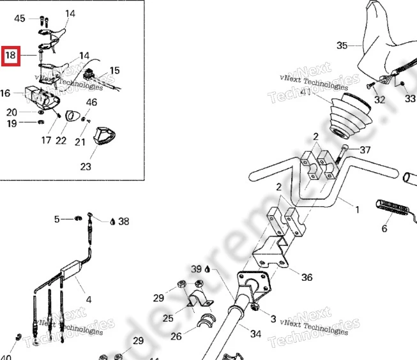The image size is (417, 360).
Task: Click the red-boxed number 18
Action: click(11, 56)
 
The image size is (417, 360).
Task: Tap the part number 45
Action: click(20, 19)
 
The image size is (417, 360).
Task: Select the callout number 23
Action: click(86, 167)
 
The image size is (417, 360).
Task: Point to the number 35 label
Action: click(342, 45)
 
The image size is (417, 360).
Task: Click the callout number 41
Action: click(306, 92)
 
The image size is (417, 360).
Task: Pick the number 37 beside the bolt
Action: click(365, 150)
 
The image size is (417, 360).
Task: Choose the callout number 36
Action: click(307, 277)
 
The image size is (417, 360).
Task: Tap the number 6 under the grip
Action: click(384, 229)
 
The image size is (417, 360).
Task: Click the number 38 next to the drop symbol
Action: click(124, 221)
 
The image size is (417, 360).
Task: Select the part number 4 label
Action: click(88, 299)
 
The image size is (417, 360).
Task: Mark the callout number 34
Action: click(255, 334)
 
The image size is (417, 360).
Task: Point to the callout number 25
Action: click(168, 317)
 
